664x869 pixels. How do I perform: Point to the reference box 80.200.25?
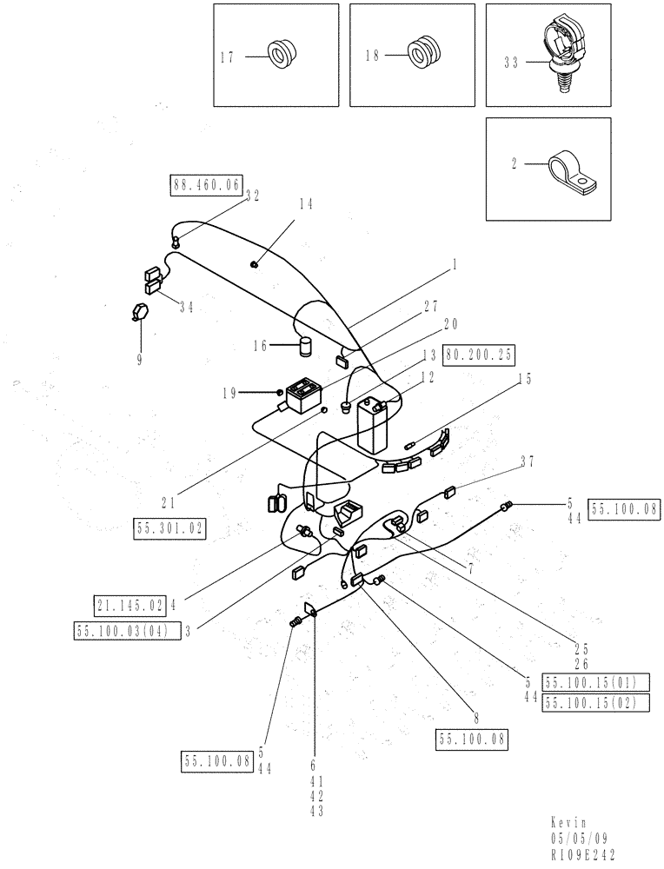pos(479,355)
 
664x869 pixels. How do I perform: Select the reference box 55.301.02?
pos(170,527)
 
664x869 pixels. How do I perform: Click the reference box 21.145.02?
pos(129,603)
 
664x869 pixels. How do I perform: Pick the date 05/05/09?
pos(578,838)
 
